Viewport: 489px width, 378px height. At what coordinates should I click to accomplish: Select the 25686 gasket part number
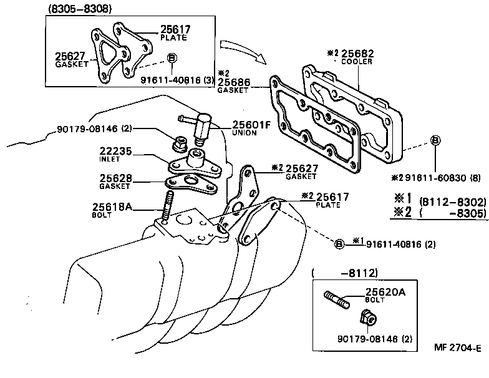pos(233,82)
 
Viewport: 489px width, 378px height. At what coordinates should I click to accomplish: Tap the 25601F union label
pos(251,125)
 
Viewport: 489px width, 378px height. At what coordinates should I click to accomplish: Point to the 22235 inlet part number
pos(115,151)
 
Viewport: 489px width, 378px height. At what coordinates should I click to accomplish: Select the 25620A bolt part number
pos(385,291)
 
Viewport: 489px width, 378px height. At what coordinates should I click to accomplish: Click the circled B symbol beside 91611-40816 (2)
pos(339,244)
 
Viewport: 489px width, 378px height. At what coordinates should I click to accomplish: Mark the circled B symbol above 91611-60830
pos(435,140)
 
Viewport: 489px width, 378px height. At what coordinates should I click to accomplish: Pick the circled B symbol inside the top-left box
pos(173,58)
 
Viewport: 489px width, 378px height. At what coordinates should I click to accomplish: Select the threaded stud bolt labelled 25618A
pos(167,206)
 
